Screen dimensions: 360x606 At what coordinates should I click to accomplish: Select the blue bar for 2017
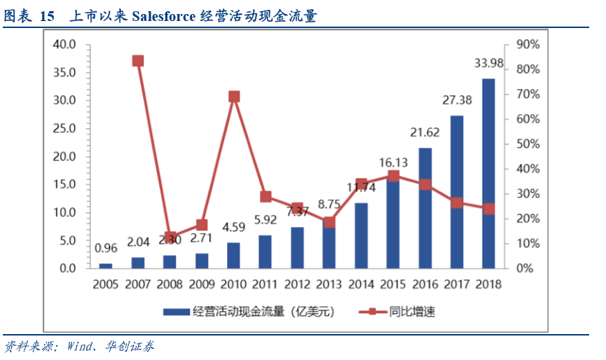[456, 192]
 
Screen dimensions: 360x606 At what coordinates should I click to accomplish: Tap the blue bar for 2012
[297, 248]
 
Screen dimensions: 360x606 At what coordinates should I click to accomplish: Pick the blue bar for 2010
[233, 256]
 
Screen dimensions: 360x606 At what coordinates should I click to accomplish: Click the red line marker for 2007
[138, 61]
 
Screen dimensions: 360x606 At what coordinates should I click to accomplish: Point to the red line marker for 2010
[234, 97]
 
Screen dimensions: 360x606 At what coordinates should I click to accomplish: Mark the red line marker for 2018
[488, 209]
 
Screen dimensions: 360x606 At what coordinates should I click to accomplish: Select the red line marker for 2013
[329, 223]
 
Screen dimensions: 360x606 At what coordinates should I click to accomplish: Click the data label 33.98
[488, 64]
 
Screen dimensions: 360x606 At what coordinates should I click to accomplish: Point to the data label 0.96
[106, 247]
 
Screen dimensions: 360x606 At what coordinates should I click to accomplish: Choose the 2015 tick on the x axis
[393, 285]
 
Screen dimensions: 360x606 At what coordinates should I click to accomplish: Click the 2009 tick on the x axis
[202, 285]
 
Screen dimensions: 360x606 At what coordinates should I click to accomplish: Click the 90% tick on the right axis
[527, 44]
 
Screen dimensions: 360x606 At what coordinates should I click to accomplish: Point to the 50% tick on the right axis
[527, 144]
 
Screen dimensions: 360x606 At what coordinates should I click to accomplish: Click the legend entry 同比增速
[412, 312]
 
